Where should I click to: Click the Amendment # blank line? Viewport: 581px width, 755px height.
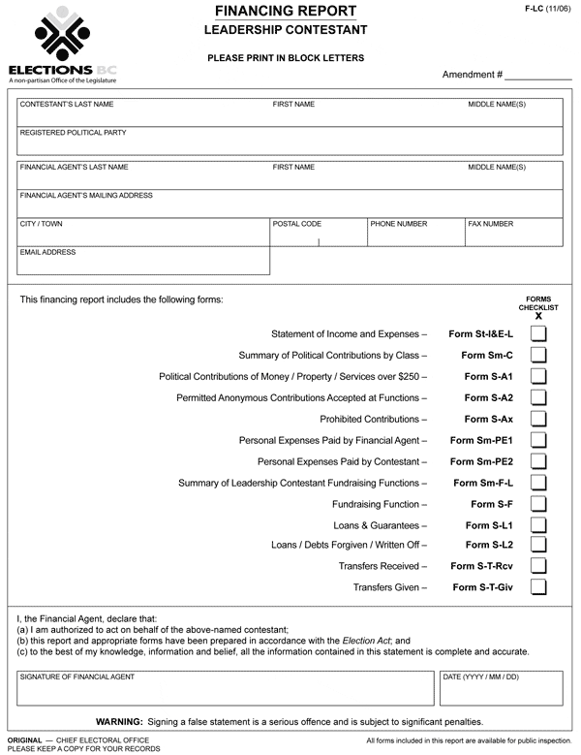click(537, 76)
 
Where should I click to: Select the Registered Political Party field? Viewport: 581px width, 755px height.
click(290, 145)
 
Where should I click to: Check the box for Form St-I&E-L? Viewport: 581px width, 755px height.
click(538, 333)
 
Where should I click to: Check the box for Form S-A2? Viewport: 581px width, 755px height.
click(538, 397)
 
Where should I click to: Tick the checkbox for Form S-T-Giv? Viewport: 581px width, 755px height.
click(538, 586)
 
